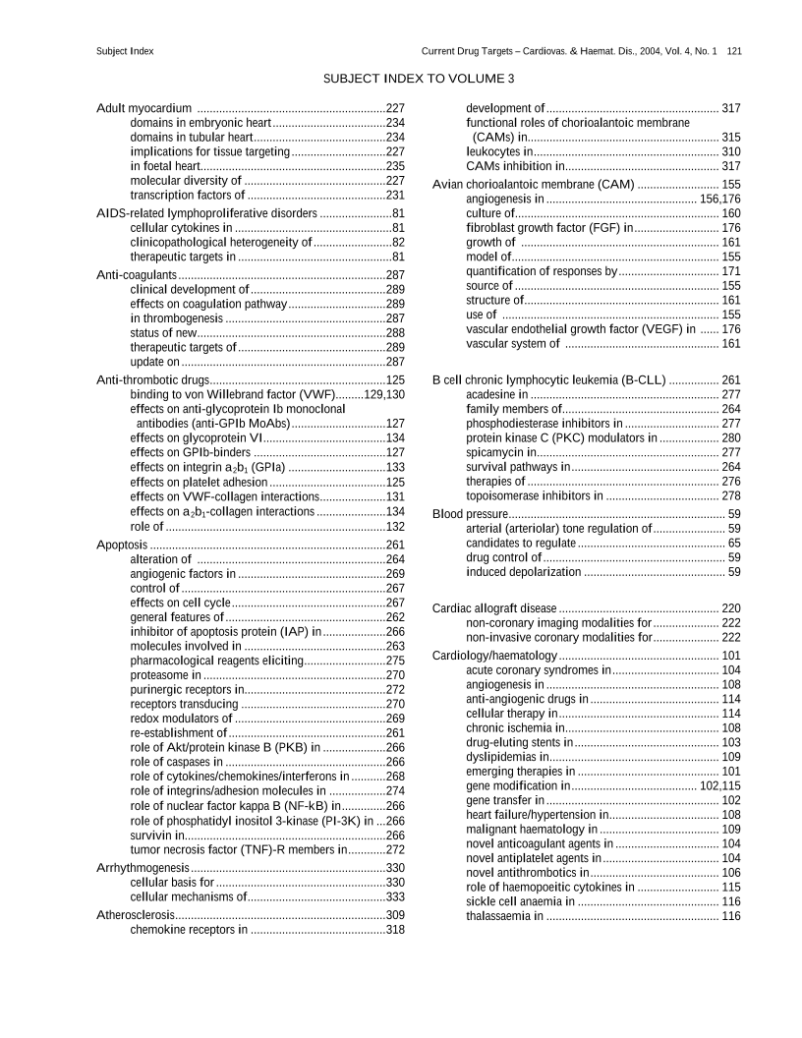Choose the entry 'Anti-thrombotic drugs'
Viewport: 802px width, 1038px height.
tap(153, 379)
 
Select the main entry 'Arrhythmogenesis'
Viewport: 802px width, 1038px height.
tap(143, 868)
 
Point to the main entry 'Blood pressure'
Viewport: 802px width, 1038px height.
tap(470, 514)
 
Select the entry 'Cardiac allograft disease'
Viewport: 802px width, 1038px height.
tap(494, 608)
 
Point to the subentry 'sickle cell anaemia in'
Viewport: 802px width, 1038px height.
tap(520, 901)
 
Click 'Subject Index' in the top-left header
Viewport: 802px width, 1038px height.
tap(125, 50)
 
